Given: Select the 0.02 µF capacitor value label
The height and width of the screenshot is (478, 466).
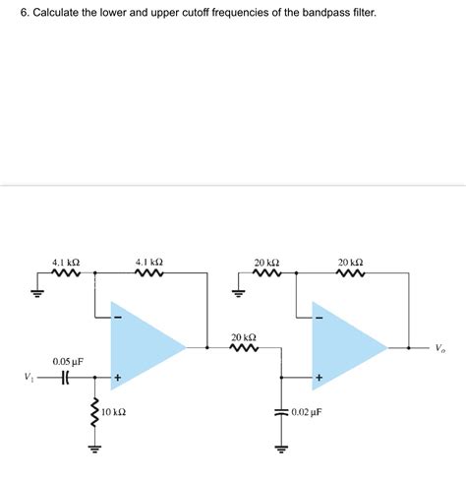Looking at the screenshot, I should pyautogui.click(x=312, y=412).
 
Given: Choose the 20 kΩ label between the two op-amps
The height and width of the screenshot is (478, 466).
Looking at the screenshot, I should pyautogui.click(x=244, y=336).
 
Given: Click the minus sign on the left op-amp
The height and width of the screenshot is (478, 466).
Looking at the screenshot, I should pyautogui.click(x=118, y=318).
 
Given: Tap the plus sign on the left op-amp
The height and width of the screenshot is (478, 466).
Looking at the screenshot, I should pyautogui.click(x=118, y=377).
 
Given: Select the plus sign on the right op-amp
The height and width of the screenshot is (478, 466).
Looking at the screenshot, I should pyautogui.click(x=320, y=377).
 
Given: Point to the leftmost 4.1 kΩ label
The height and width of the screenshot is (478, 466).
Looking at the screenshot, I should pyautogui.click(x=66, y=263).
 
